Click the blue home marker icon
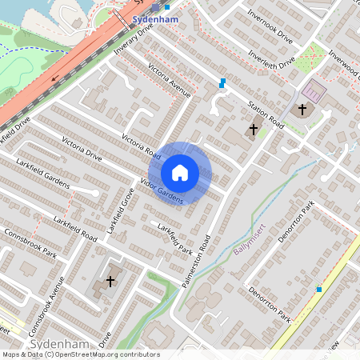click(180, 173)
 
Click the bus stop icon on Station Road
click(222, 82)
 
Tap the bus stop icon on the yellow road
click(319, 289)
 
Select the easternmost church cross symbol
click(302, 108)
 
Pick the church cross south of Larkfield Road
click(110, 282)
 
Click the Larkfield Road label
click(75, 230)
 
